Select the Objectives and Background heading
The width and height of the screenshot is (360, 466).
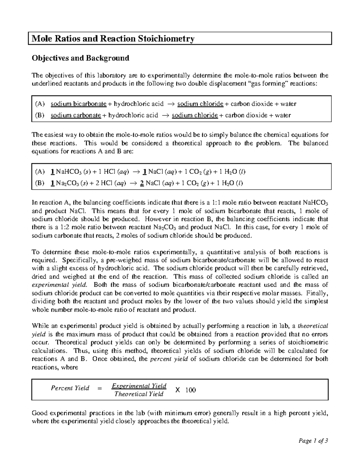80,58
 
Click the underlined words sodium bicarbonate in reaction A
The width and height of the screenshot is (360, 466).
78,104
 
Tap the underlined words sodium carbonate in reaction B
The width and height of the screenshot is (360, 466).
76,115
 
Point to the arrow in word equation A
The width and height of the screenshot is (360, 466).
170,104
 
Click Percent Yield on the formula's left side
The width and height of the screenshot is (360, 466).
70,388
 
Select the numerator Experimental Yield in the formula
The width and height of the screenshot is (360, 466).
139,386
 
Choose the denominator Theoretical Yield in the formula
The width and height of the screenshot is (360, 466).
139,394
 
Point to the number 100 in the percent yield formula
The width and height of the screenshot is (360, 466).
190,390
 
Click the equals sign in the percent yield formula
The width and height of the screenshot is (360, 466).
100,388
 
